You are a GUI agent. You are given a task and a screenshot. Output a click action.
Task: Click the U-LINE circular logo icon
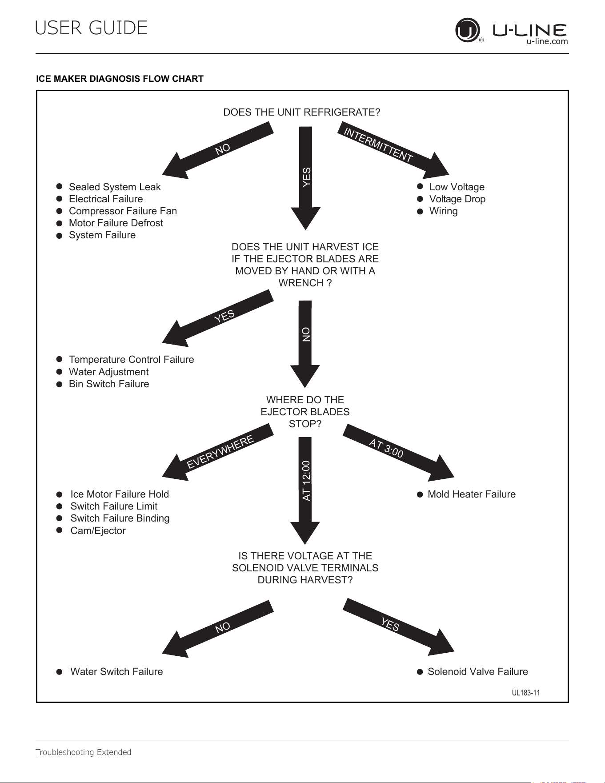pyautogui.click(x=468, y=30)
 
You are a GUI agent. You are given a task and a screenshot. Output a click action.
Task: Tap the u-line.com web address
pyautogui.click(x=547, y=41)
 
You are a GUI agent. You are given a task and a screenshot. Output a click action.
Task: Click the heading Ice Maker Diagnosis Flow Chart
pyautogui.click(x=120, y=79)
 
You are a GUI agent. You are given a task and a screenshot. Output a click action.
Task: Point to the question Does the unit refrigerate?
pyautogui.click(x=302, y=112)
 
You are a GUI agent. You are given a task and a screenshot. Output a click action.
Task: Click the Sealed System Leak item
pyautogui.click(x=115, y=187)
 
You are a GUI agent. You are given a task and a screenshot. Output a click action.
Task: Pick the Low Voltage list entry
pyautogui.click(x=457, y=187)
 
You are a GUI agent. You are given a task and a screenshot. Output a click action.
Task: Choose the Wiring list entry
pyautogui.click(x=443, y=211)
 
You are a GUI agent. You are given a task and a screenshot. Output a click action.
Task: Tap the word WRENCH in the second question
pyautogui.click(x=301, y=283)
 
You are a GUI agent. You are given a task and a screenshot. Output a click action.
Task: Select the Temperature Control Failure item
pyautogui.click(x=131, y=359)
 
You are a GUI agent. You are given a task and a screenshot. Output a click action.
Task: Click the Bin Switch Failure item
pyautogui.click(x=109, y=384)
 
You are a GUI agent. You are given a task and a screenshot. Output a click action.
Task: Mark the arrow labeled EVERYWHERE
pyautogui.click(x=218, y=452)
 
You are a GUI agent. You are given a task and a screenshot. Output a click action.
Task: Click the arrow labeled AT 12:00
pyautogui.click(x=305, y=490)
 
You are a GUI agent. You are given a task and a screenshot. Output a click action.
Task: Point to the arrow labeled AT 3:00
pyautogui.click(x=398, y=453)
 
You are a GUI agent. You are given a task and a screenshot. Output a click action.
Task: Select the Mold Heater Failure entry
pyautogui.click(x=472, y=494)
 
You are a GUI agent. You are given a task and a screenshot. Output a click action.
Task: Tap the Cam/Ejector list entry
pyautogui.click(x=98, y=530)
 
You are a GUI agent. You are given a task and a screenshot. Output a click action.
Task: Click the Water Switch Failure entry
pyautogui.click(x=116, y=671)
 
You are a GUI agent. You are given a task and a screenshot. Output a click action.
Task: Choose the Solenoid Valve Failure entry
pyautogui.click(x=478, y=671)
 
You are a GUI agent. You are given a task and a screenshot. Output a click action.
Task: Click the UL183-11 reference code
pyautogui.click(x=526, y=693)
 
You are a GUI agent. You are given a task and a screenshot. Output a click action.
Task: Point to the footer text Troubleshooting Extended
pyautogui.click(x=84, y=752)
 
